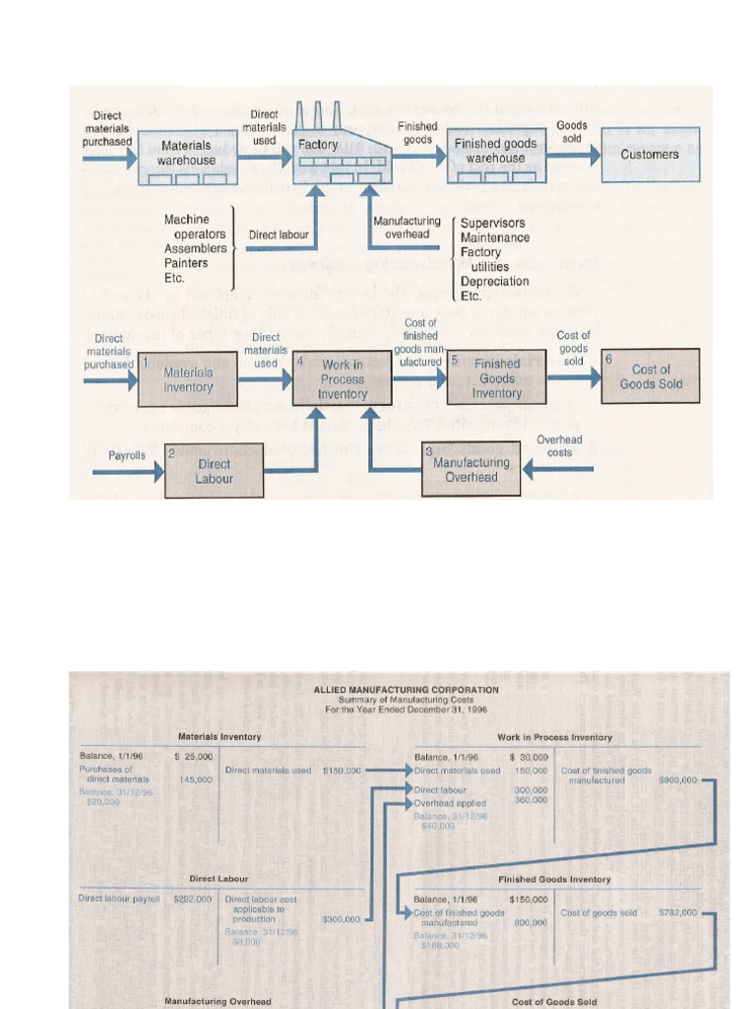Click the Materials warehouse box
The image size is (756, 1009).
(x=187, y=154)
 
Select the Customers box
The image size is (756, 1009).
(x=650, y=155)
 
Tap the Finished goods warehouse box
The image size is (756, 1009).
(x=495, y=154)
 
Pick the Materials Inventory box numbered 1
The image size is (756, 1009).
(x=187, y=378)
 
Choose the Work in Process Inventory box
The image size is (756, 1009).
(x=342, y=378)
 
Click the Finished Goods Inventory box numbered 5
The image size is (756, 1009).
(x=496, y=378)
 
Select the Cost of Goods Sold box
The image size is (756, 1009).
(x=651, y=375)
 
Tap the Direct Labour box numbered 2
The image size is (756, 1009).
(x=214, y=471)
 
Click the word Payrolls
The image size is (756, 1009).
(x=127, y=455)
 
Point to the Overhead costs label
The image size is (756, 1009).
(x=559, y=446)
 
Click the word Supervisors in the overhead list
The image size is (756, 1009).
(x=493, y=223)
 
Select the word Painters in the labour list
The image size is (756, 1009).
(x=186, y=263)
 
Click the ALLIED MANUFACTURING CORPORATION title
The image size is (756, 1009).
(x=406, y=690)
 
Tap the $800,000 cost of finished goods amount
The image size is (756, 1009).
(x=677, y=779)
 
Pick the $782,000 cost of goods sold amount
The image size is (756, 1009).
(x=677, y=912)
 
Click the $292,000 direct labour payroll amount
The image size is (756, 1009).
(x=192, y=899)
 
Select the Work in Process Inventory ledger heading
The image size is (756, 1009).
(x=554, y=737)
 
